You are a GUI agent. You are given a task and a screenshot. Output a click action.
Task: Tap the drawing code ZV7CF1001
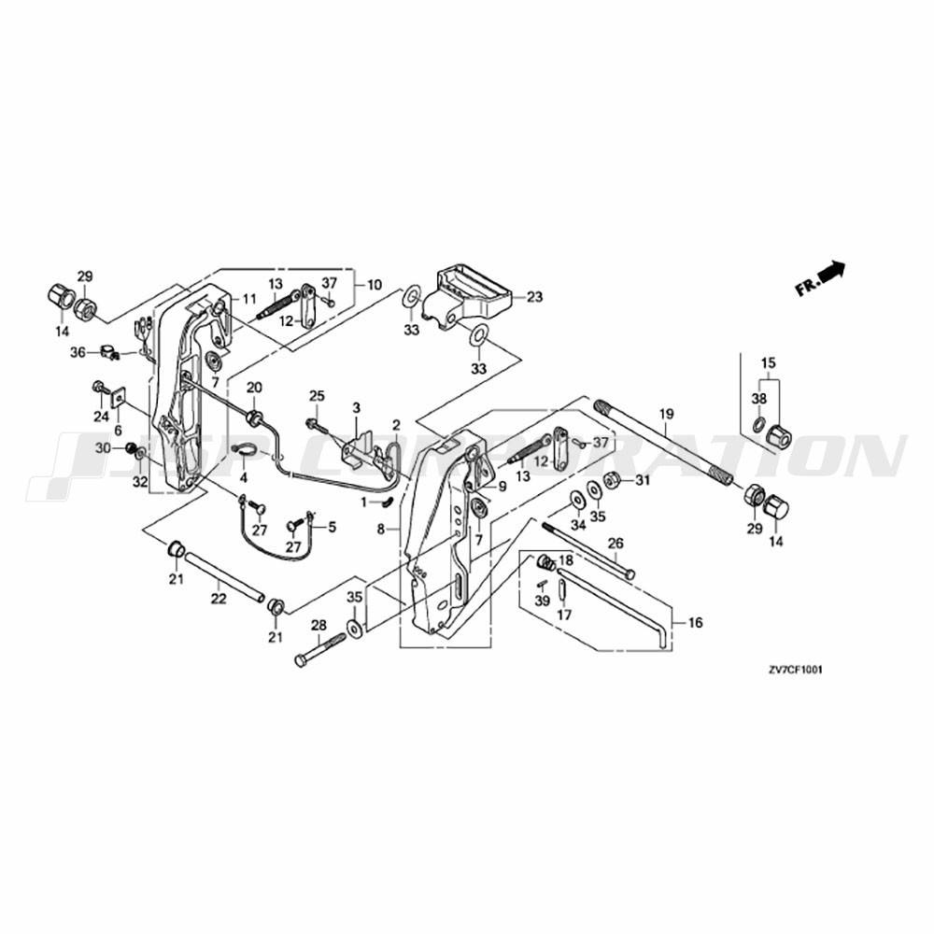click(x=795, y=670)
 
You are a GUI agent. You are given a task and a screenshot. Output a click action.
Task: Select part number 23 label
click(x=534, y=297)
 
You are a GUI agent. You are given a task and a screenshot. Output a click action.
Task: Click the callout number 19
click(x=666, y=413)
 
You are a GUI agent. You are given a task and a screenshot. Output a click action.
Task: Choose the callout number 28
click(x=318, y=625)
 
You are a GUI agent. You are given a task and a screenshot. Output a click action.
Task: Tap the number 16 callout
click(x=695, y=622)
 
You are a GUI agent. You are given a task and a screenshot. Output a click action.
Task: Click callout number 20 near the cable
click(x=254, y=387)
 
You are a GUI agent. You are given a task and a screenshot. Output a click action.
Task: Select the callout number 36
click(x=78, y=352)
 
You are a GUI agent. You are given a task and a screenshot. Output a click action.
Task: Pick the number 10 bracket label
click(x=375, y=284)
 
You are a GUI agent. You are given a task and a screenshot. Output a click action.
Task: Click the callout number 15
click(x=768, y=362)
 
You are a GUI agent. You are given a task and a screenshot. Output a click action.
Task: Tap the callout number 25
click(x=317, y=397)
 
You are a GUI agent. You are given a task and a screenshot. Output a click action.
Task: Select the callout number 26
click(x=616, y=543)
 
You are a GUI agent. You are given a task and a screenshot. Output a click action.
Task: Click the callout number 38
click(x=758, y=399)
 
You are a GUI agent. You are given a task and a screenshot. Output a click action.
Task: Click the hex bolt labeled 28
click(x=318, y=649)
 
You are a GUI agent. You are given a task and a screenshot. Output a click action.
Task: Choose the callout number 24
click(x=101, y=417)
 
